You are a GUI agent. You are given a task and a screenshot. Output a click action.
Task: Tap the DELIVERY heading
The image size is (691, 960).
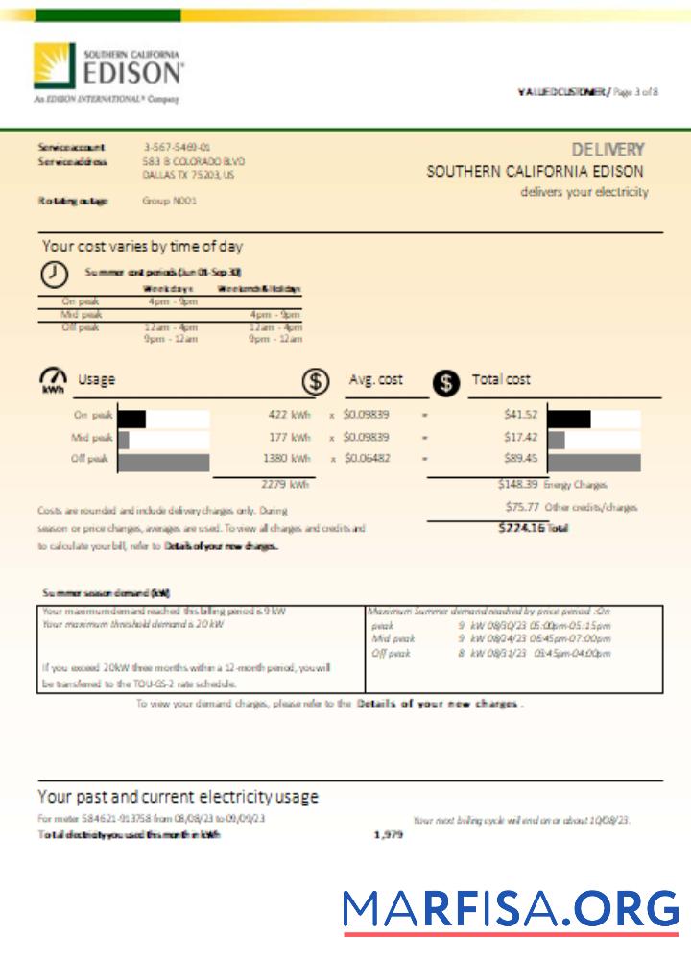click(608, 150)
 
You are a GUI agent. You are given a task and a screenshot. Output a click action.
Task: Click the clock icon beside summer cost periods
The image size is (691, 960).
click(54, 274)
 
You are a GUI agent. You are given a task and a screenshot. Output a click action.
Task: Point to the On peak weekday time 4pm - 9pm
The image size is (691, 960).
click(170, 300)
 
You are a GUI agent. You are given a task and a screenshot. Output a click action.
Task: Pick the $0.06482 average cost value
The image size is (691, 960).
click(367, 459)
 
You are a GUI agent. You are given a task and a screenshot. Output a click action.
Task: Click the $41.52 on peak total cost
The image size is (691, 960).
click(520, 415)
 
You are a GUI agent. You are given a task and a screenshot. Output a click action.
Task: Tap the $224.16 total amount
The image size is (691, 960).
click(521, 527)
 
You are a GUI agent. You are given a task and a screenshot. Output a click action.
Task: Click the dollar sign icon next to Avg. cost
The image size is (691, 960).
click(315, 381)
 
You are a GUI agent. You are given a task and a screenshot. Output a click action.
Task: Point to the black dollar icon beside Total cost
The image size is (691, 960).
click(445, 382)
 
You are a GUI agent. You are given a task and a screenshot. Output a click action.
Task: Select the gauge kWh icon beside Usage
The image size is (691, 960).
click(53, 379)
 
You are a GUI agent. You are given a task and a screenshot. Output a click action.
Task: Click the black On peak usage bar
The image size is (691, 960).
click(131, 419)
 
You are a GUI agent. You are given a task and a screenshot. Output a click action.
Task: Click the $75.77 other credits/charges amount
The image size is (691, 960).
click(521, 506)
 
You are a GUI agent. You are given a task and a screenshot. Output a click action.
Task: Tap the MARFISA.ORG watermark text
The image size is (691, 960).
click(511, 909)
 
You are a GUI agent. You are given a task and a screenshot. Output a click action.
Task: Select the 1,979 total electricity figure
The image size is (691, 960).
click(388, 835)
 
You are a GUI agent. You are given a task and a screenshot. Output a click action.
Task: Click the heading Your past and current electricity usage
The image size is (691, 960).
click(178, 797)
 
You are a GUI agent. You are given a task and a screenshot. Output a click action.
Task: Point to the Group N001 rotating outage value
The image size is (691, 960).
click(169, 201)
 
